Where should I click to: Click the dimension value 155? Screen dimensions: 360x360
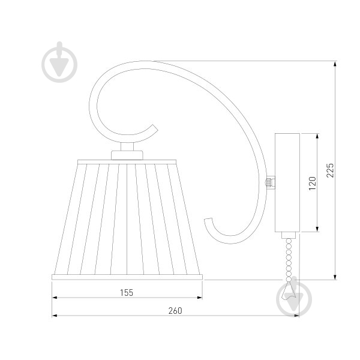(x=127, y=293)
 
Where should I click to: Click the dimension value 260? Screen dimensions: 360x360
(x=175, y=311)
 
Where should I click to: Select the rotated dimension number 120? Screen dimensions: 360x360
(x=313, y=183)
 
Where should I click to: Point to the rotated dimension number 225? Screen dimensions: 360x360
(x=330, y=170)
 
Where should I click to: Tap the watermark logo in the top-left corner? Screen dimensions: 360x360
(x=59, y=62)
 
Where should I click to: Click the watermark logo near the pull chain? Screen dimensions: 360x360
(x=294, y=296)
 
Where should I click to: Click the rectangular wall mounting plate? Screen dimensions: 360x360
(x=287, y=182)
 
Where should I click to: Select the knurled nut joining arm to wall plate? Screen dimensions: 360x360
(x=270, y=183)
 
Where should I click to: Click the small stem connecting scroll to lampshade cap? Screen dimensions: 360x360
(x=127, y=146)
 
